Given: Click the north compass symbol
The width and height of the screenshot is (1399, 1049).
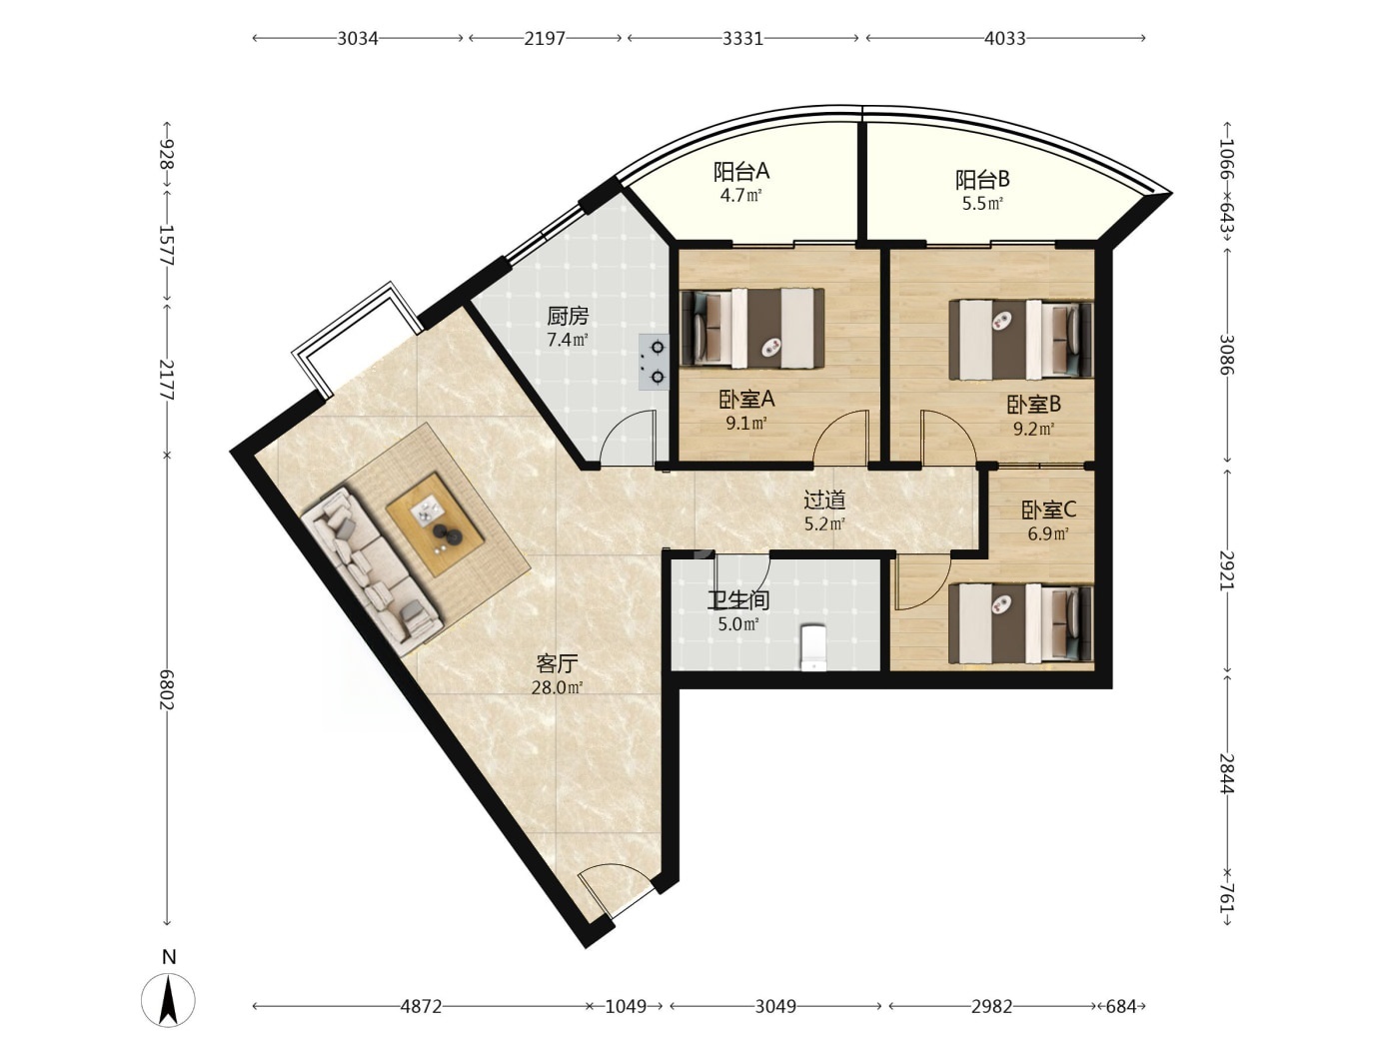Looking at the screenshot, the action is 168,1000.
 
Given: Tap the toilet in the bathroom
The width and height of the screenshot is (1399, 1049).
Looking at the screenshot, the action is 812,647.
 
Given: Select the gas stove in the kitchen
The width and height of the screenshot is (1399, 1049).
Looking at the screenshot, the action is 654,362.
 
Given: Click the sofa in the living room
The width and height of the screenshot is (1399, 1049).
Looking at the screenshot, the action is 372,571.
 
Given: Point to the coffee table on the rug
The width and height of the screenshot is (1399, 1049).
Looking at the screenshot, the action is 434,524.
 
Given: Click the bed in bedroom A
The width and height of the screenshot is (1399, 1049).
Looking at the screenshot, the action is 752,329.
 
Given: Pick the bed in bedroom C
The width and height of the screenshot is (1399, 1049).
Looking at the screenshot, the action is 1021,624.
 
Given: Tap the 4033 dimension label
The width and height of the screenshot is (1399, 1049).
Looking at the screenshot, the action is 1004,39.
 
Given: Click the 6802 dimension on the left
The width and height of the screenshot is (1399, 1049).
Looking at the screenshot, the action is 167,689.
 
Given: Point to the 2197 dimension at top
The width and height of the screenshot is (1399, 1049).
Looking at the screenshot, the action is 545,39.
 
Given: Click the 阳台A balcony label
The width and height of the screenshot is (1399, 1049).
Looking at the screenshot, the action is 741,171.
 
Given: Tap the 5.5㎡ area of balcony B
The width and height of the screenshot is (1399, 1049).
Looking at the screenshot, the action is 982,204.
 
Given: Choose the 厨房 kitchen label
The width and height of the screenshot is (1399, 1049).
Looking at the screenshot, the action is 568,316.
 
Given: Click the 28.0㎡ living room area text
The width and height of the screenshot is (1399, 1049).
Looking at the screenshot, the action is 557,688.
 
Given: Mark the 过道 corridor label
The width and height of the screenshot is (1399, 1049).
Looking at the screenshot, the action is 824,501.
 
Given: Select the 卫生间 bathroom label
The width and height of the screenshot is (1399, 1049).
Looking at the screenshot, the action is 738,600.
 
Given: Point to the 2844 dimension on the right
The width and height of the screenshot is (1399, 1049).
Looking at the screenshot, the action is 1227,774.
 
